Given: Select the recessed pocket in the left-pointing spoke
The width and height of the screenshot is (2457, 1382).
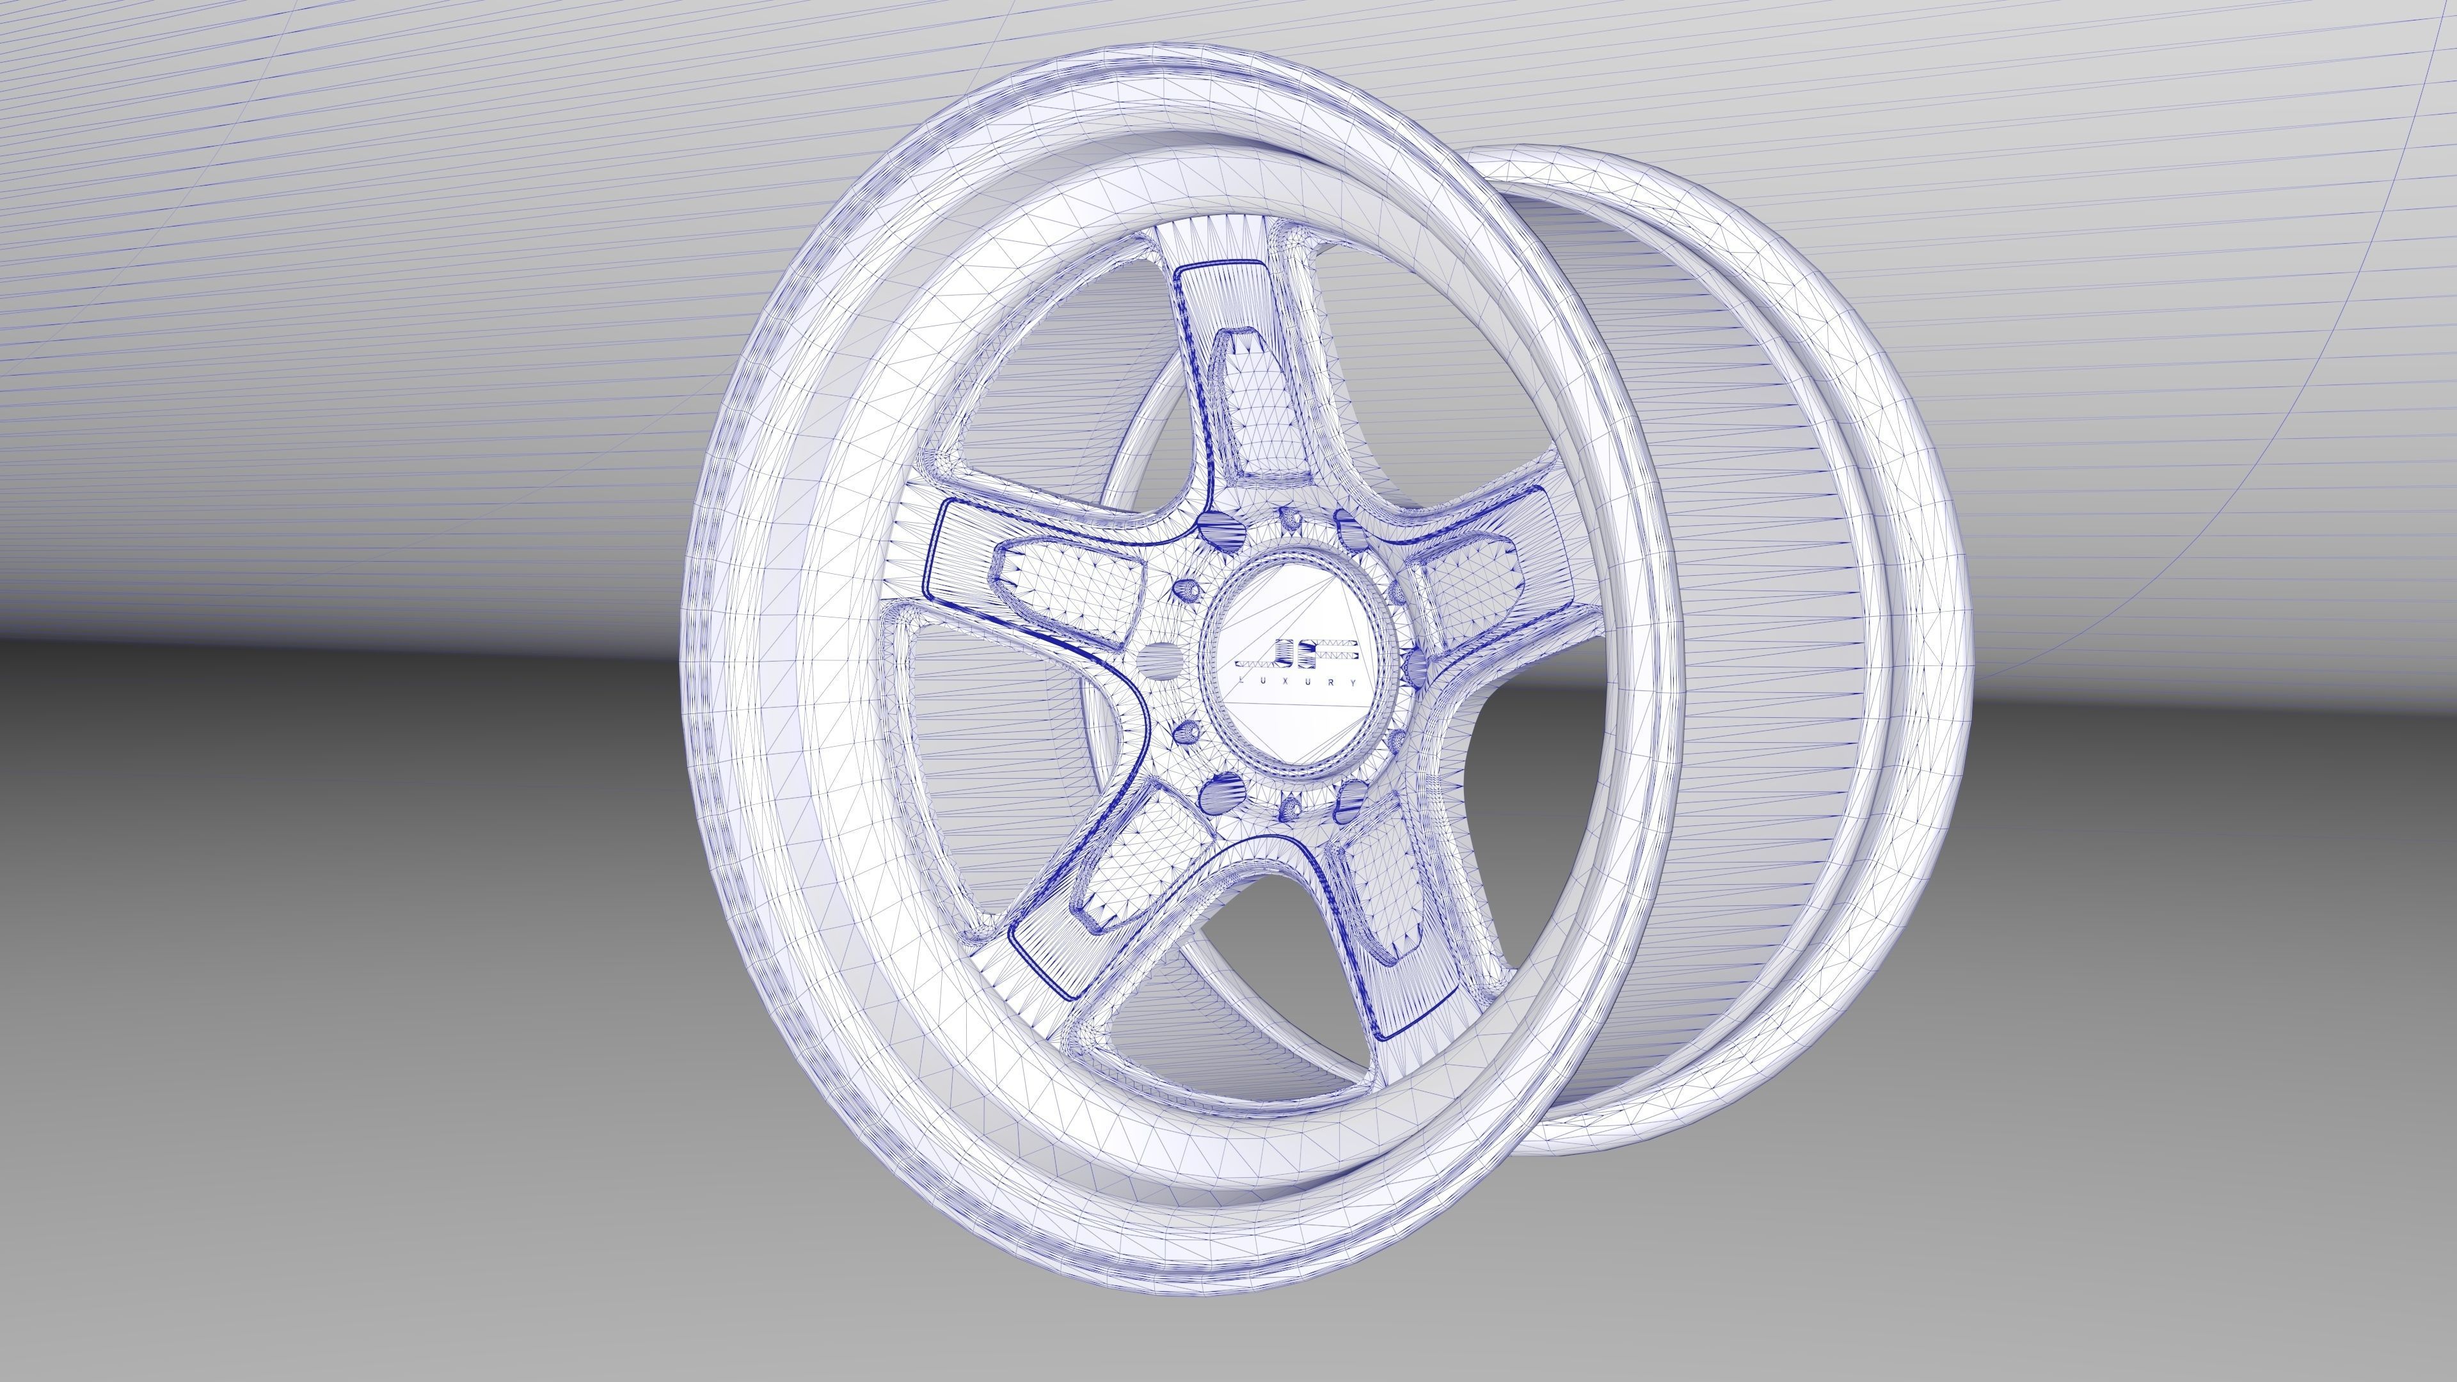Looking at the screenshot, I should coord(1073,581).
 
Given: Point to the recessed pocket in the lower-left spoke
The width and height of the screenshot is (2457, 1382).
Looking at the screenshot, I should coord(1130,863).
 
